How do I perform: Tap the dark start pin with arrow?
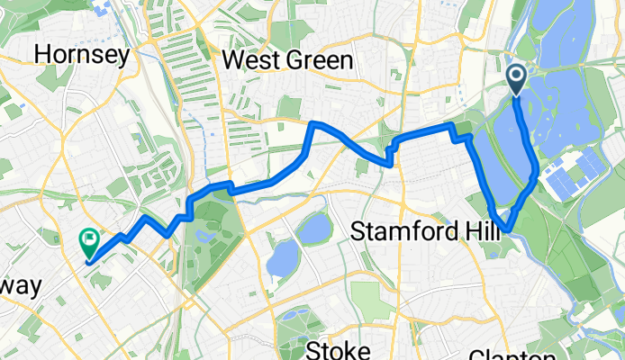(x=518, y=79)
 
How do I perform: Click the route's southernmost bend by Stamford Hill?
(x=508, y=230)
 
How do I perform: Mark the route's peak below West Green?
(x=314, y=122)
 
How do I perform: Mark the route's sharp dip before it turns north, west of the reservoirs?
(x=389, y=165)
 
